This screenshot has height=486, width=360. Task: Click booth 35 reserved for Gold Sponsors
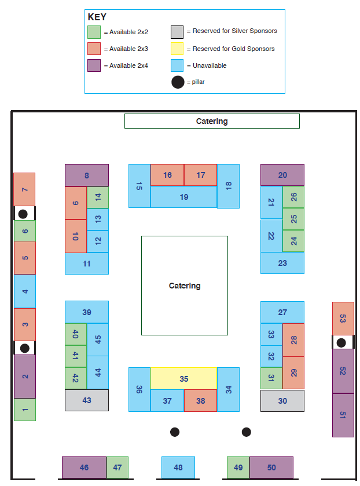point(183,378)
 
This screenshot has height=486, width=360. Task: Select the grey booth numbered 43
point(87,400)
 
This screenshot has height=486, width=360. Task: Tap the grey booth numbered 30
point(282,401)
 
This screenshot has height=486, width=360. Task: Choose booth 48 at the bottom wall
point(178,467)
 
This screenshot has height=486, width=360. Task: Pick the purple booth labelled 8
point(87,175)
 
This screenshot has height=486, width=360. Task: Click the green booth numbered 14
point(98,198)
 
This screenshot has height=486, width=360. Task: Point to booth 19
point(183,197)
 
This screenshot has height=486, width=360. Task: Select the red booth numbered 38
point(200,400)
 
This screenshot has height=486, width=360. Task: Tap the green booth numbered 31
point(271,378)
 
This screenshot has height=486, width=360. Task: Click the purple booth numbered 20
point(282,175)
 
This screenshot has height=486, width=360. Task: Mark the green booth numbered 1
point(25,410)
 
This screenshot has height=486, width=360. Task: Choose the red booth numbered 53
point(343,319)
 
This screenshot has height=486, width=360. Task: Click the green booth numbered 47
point(117,467)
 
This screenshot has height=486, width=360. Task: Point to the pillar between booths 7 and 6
point(23,214)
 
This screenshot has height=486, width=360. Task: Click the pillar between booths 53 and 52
point(341,343)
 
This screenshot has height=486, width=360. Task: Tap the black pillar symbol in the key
point(178,82)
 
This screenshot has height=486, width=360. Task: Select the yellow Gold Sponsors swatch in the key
point(177,49)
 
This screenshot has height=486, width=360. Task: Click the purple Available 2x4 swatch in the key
point(94,65)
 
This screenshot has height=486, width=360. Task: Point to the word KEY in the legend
point(97,17)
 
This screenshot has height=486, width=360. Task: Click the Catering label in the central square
point(185,286)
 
